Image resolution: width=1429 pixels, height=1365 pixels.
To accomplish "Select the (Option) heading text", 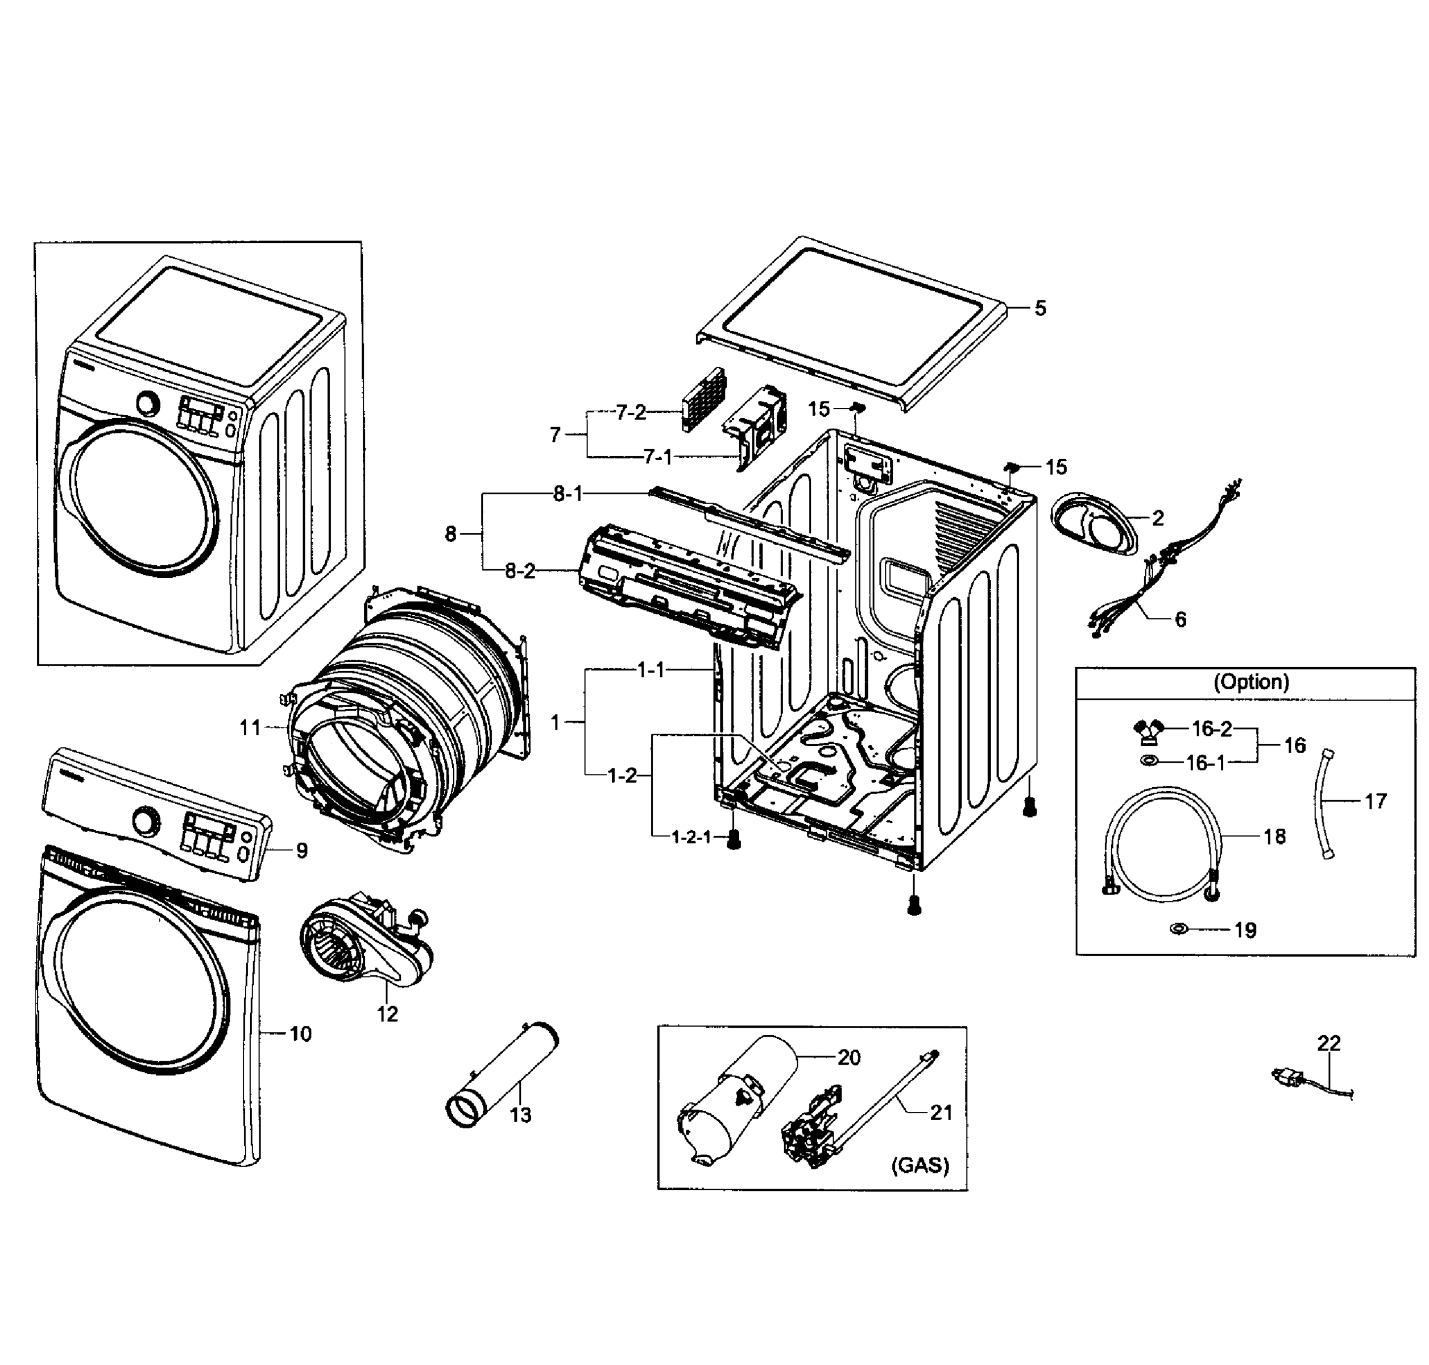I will (x=1250, y=682).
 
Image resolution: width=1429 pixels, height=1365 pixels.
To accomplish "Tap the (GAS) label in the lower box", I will (x=919, y=1165).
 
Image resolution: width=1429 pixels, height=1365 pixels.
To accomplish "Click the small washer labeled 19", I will (x=1179, y=929).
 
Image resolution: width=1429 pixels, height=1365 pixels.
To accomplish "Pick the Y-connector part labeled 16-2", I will (x=1148, y=730).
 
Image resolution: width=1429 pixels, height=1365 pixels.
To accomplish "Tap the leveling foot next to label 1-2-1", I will (x=734, y=841).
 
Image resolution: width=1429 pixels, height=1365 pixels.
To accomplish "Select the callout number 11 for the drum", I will (x=250, y=727).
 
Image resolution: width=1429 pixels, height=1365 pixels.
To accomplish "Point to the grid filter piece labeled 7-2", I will (x=703, y=399).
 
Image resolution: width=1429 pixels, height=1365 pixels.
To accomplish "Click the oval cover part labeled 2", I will (x=1093, y=523).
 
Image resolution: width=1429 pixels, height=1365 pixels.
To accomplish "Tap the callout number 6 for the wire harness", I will (x=1180, y=619).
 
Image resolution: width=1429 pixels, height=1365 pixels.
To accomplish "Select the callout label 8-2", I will (x=520, y=571).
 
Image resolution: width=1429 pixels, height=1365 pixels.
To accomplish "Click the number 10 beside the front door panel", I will (x=300, y=1033).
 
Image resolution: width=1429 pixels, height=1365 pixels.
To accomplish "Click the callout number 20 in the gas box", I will (x=848, y=1057).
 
